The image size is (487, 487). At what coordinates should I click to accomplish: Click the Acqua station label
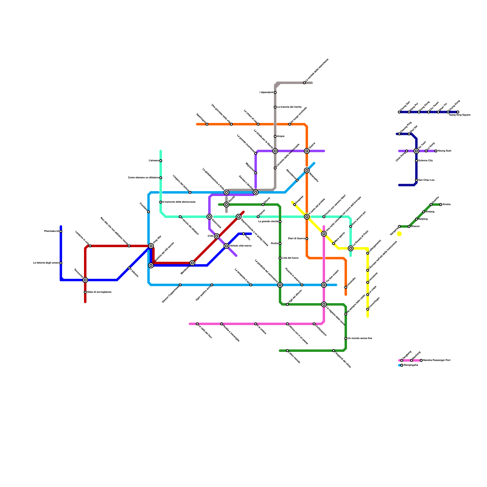[280, 136]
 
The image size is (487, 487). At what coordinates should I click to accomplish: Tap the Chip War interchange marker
[151, 246]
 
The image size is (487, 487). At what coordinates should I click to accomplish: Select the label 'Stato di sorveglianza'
[99, 292]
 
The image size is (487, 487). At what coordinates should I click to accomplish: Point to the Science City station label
[425, 161]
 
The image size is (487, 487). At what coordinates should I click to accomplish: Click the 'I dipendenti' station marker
[275, 93]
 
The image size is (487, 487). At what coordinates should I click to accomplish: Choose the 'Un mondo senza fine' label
[360, 338]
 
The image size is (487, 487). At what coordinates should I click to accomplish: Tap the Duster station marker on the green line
[280, 243]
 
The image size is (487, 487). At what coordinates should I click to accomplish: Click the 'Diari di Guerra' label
[296, 239]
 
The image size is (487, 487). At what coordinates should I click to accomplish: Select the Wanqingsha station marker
[402, 365]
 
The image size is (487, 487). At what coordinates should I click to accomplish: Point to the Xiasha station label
[447, 205]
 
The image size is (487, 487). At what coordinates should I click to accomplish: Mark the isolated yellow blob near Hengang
[399, 234]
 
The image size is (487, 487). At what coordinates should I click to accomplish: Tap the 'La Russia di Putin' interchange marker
[351, 248]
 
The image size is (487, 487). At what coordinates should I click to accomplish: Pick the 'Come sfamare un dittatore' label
[143, 178]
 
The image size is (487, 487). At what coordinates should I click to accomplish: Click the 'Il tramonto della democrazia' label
[179, 202]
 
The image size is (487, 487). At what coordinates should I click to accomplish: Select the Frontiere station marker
[149, 212]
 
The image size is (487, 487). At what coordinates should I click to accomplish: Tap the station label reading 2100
[210, 236]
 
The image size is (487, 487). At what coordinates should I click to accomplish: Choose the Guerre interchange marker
[307, 151]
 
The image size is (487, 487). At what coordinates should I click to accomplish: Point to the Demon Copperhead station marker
[180, 285]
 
